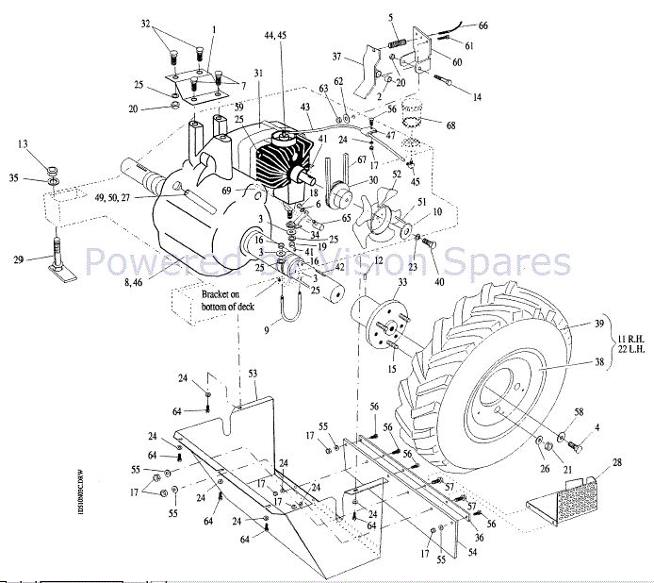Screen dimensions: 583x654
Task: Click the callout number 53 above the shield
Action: (x=252, y=375)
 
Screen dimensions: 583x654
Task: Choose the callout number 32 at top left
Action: (x=145, y=22)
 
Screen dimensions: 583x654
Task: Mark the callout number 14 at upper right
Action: (x=476, y=97)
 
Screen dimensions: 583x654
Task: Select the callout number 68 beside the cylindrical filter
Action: (x=450, y=125)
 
